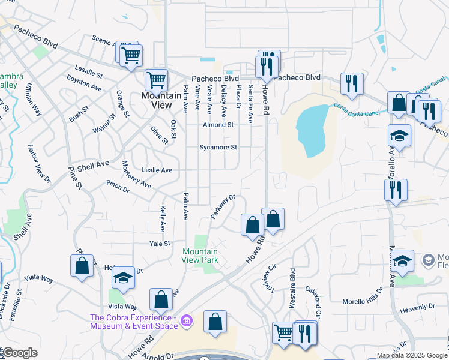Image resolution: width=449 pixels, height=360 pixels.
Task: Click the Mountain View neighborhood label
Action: [161, 100]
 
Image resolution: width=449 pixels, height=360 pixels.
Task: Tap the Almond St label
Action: [218, 125]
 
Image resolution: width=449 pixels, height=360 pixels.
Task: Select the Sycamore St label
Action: [219, 147]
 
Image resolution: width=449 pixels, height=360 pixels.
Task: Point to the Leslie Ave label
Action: [157, 170]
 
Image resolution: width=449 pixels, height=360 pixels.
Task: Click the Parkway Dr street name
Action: [223, 206]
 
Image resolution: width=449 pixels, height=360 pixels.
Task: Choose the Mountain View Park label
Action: [200, 256]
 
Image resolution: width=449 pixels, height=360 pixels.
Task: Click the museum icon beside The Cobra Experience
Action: [186, 322]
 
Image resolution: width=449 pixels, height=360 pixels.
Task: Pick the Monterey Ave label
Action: [136, 174]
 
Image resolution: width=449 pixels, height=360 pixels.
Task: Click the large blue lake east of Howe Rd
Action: [312, 129]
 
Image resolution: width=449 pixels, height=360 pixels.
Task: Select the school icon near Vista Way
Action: [123, 278]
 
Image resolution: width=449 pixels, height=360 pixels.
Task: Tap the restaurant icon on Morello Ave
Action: [396, 190]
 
